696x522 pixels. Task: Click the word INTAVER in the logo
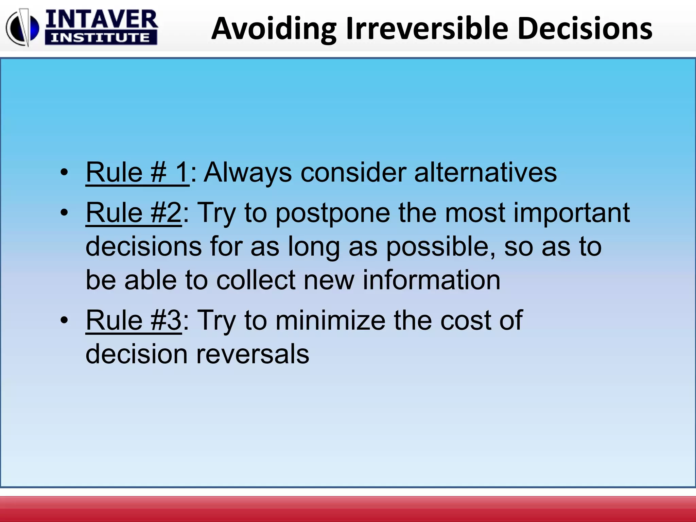coord(101,19)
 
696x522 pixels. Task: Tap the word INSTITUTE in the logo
coord(101,38)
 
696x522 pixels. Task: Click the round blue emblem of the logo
coord(22,28)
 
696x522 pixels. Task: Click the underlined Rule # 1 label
coord(137,173)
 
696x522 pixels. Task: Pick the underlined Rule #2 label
coord(134,213)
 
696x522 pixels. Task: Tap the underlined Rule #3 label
coord(134,320)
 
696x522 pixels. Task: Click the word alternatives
coord(485,173)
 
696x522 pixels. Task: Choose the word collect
coord(256,280)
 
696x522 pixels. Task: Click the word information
coord(431,280)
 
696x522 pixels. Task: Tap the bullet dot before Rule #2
coord(64,213)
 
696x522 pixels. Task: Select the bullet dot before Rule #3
coord(64,320)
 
